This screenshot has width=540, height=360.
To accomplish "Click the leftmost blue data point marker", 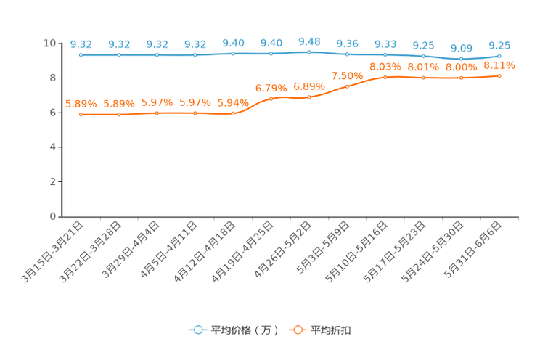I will click(81, 55).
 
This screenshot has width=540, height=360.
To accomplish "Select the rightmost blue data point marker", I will click(499, 55).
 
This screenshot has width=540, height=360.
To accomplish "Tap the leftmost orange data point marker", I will click(81, 115).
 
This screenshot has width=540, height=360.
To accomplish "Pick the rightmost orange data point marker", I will click(499, 75).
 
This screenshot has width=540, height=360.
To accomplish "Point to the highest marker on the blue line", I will click(309, 52).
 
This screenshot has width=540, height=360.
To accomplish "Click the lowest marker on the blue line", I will click(461, 59).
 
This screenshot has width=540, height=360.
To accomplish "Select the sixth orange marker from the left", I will click(271, 99).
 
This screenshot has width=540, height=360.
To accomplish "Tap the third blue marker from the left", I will click(157, 55).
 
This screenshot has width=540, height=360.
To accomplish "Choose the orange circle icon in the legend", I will click(297, 330).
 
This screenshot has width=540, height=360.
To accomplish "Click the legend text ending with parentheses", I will click(245, 330).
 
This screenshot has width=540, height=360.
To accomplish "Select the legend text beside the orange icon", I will click(332, 330).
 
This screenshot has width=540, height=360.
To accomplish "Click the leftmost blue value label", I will click(81, 44).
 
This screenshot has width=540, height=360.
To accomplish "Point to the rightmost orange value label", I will click(499, 65).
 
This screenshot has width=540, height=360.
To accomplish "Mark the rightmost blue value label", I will click(499, 44).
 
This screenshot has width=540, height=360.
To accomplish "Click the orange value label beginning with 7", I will click(347, 75).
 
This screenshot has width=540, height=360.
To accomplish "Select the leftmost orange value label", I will click(81, 104).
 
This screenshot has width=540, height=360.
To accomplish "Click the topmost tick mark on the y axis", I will click(60, 44).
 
